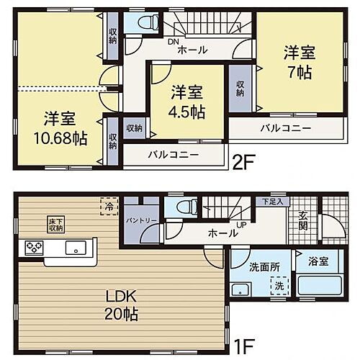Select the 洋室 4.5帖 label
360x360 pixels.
click(187, 102)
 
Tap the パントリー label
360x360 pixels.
click(136, 220)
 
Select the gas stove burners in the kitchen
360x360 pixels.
click(35, 247)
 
